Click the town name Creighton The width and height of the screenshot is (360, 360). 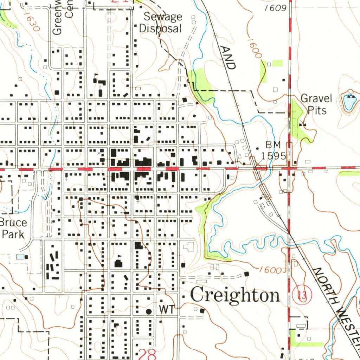point(235,295)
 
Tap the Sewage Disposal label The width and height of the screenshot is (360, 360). point(160,22)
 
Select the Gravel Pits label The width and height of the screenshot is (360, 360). point(316,104)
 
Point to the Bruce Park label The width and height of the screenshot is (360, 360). point(13,229)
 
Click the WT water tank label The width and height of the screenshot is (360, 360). point(166,310)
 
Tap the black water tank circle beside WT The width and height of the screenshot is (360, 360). point(149,311)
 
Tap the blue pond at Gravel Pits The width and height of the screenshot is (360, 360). point(349,103)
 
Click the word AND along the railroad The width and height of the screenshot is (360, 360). point(228,57)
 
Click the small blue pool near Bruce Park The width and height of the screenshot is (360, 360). point(21,257)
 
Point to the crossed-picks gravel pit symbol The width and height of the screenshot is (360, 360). point(302,124)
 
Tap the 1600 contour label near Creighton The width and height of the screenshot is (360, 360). point(271,270)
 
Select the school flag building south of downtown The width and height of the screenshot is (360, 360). point(119,262)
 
